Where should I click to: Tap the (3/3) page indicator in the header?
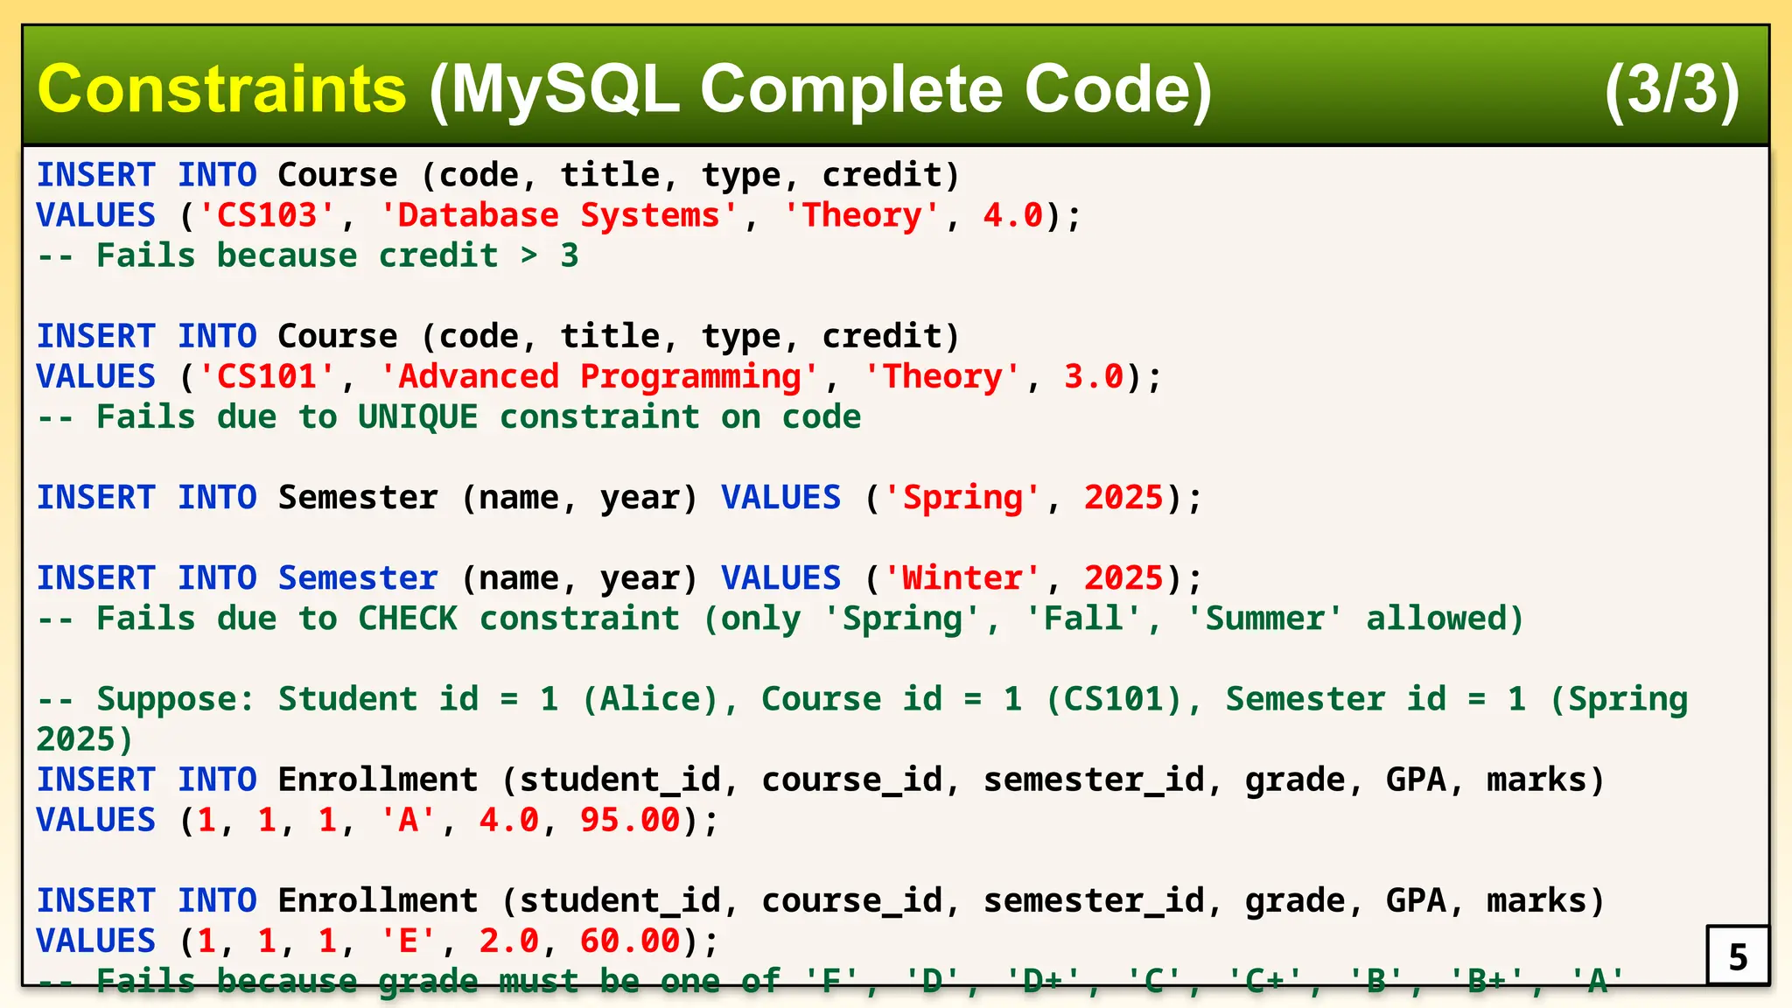pos(1671,89)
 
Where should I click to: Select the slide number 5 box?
pos(1738,955)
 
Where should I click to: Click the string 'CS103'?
pos(267,215)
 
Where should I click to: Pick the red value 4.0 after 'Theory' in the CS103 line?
pos(1013,215)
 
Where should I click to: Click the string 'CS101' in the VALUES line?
pos(267,377)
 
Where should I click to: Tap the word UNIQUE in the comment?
pos(418,417)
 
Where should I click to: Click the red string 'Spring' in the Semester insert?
pos(962,498)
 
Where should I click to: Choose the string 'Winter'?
pos(962,578)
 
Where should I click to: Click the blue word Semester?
pos(358,578)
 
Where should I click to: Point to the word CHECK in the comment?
pos(408,619)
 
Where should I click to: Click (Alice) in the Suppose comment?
pos(650,699)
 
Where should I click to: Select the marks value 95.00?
pos(630,821)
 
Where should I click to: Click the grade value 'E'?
pos(408,941)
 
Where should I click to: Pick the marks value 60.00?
pos(630,941)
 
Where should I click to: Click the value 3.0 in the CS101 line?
pos(1094,377)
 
